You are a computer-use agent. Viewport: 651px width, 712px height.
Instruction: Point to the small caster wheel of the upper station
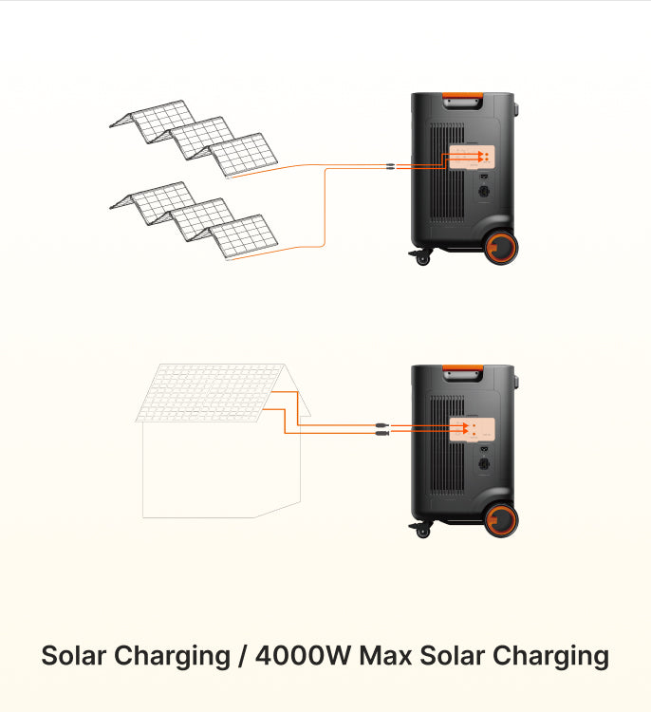[422, 257]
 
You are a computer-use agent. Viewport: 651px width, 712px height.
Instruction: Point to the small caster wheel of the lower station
[422, 530]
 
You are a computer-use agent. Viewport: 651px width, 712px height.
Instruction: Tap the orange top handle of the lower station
[462, 368]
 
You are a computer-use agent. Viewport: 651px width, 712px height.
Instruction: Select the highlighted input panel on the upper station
[472, 157]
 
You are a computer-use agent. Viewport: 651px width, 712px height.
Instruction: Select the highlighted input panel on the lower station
[472, 429]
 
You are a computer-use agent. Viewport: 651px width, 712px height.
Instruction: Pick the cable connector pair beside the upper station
[391, 167]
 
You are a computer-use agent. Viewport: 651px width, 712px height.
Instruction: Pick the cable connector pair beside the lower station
[379, 429]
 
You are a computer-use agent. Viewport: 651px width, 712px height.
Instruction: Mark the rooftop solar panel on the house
[211, 391]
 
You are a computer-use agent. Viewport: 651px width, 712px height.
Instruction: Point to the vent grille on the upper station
[437, 180]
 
